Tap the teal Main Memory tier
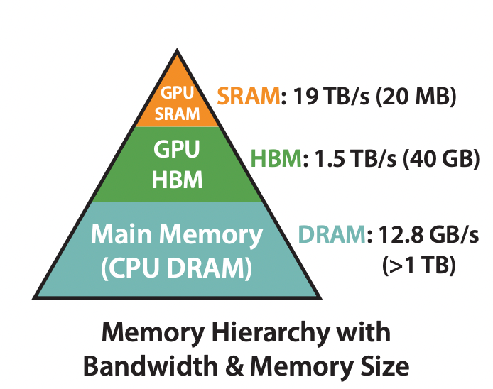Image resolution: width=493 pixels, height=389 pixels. pyautogui.click(x=178, y=248)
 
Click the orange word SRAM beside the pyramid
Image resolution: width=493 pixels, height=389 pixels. pyautogui.click(x=248, y=97)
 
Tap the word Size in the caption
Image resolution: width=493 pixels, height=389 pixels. pyautogui.click(x=384, y=366)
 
